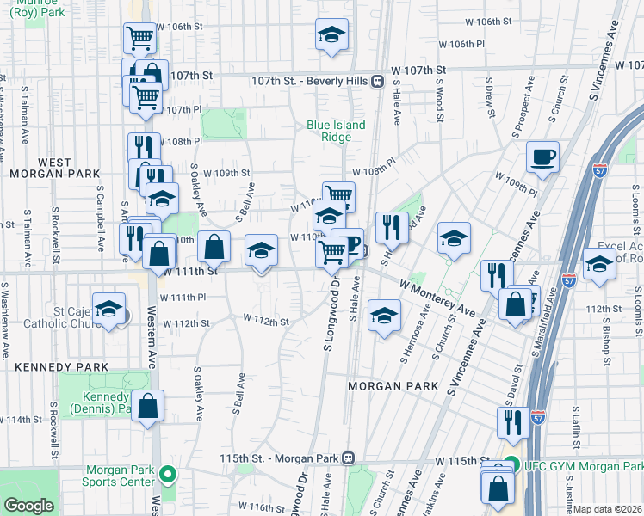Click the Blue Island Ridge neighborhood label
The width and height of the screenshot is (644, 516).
coord(336,131)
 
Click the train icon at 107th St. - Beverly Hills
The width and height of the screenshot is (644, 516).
coord(377,81)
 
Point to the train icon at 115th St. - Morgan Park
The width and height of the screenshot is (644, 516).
coord(348,458)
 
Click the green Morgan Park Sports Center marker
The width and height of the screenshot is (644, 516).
coord(170,473)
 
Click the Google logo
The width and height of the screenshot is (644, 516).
coord(28,506)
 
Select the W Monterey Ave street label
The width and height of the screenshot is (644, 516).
coord(437,296)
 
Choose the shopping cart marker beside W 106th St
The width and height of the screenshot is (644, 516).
coord(139,38)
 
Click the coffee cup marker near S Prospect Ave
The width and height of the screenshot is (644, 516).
coord(542,157)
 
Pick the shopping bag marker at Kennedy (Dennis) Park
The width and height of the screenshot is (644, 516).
coord(148,408)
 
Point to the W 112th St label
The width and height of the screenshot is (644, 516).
coord(264,320)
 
